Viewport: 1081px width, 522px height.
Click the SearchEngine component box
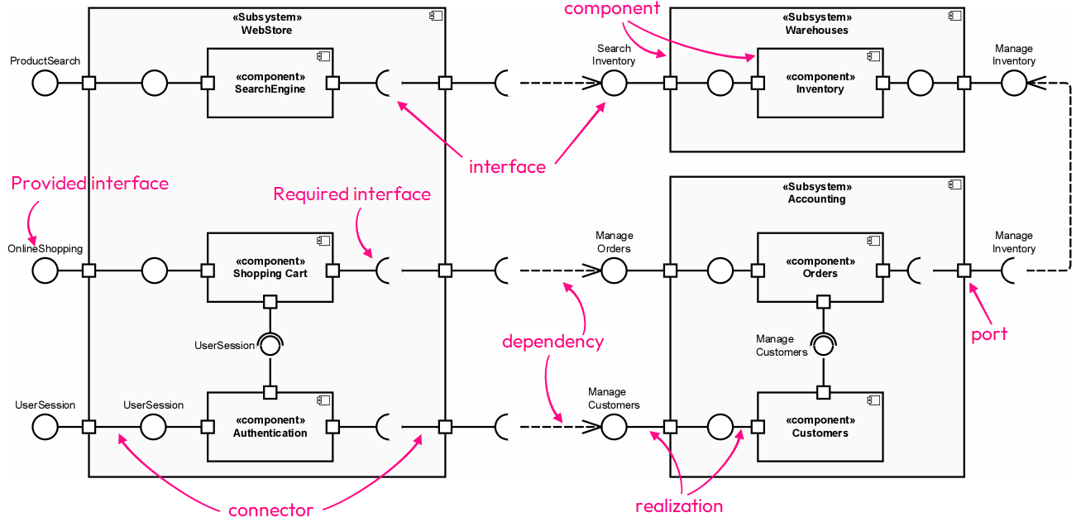(x=270, y=83)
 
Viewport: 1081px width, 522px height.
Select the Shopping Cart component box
(x=270, y=267)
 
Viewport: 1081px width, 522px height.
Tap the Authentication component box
(x=270, y=426)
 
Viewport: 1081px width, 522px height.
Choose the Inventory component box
(x=820, y=83)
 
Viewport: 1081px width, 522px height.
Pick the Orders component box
(x=820, y=267)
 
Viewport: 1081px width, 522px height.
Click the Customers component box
(x=820, y=426)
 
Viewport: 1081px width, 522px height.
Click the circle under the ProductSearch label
(x=45, y=83)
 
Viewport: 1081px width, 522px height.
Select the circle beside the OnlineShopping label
(x=45, y=270)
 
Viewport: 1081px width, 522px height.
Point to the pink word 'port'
(x=989, y=334)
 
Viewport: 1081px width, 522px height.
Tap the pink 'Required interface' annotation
(x=352, y=194)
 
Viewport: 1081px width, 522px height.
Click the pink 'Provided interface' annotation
(x=89, y=184)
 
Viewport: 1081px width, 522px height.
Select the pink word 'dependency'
(x=552, y=342)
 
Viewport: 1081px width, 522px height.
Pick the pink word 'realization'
(x=678, y=506)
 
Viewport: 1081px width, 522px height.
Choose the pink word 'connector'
(x=270, y=510)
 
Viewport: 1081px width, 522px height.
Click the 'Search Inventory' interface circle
(x=614, y=83)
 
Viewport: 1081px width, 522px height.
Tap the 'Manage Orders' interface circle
(x=614, y=270)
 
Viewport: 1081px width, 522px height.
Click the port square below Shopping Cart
(x=270, y=301)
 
